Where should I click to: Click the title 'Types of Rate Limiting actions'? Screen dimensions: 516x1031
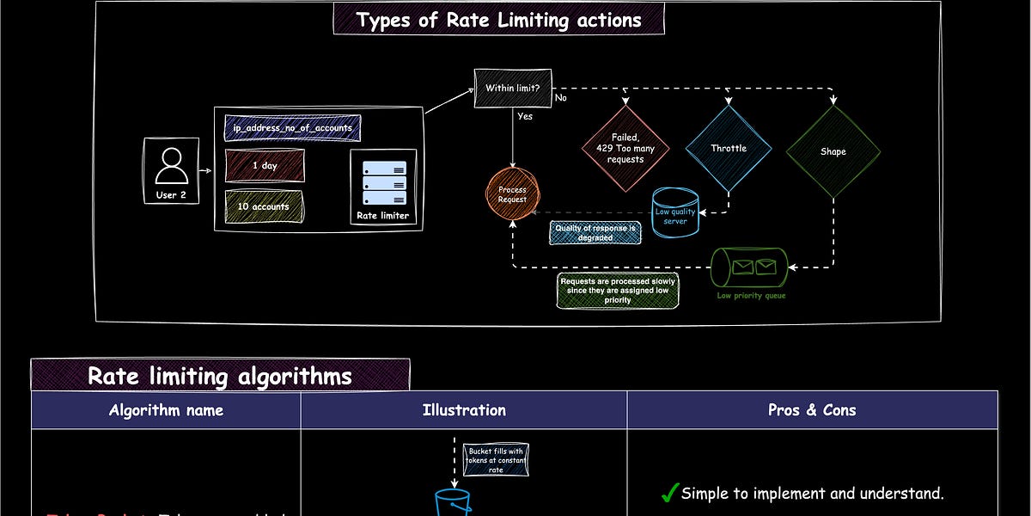pos(498,20)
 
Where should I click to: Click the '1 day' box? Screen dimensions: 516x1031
pos(264,165)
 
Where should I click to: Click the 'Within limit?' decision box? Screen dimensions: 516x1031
pos(513,88)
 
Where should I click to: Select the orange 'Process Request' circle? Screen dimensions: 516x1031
pos(512,193)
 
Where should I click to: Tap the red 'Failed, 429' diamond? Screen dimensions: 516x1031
pos(625,148)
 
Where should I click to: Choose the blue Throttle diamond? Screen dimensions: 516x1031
pos(729,148)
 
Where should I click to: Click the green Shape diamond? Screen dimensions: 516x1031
pos(833,151)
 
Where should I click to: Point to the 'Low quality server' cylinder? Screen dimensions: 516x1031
pos(675,213)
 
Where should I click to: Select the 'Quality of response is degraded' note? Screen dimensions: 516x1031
pos(595,232)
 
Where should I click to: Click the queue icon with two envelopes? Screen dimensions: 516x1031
pos(749,267)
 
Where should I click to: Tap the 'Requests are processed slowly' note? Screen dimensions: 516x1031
pos(617,291)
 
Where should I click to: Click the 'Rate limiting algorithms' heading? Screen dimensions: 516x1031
pos(220,376)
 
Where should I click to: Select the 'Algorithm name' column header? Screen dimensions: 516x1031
pos(166,410)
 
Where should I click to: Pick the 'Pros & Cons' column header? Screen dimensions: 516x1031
pos(812,410)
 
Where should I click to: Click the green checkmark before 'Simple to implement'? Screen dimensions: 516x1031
pos(669,493)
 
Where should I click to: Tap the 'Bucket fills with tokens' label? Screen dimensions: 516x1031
pos(497,460)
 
